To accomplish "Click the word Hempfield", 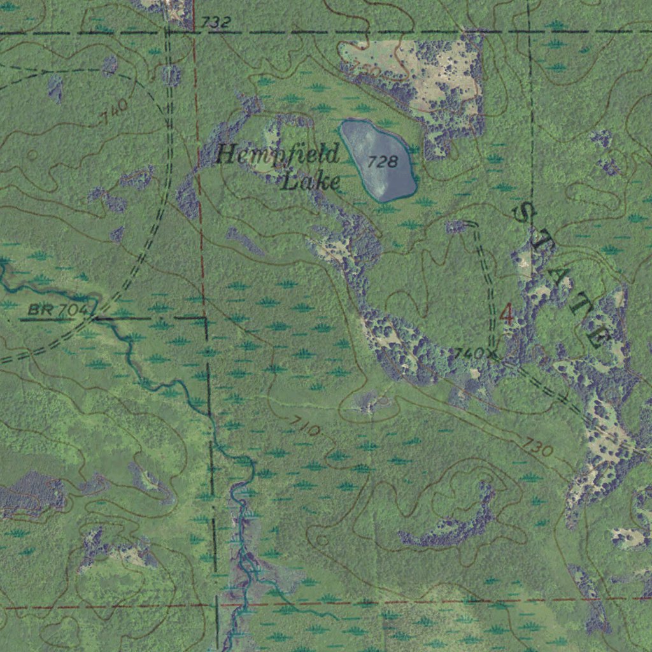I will click(278, 155).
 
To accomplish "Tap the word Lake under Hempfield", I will click(311, 181).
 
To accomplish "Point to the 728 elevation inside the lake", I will click(383, 161).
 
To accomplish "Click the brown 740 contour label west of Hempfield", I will click(115, 112).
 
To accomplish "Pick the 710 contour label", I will click(304, 425).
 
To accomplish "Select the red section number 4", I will click(506, 313).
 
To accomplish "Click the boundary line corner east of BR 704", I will click(206, 317).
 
